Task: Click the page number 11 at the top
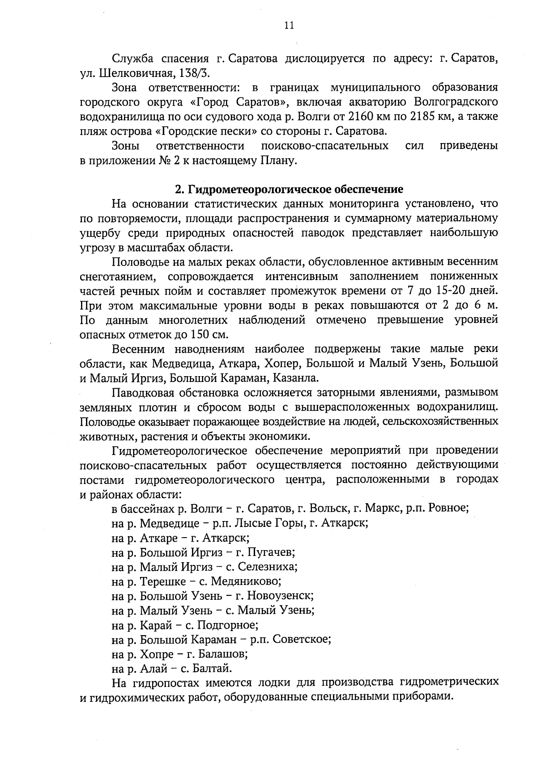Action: point(289,25)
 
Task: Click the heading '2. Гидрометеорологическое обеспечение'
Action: point(289,189)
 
